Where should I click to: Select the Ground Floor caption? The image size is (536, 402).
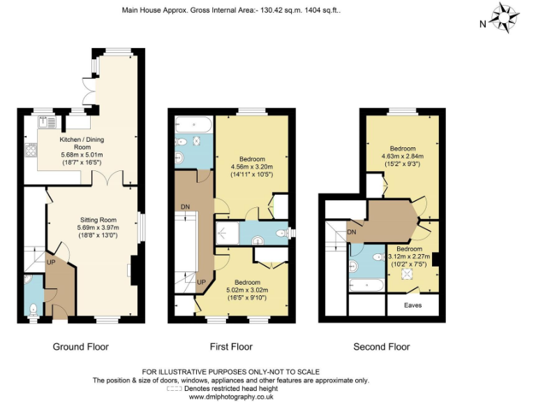pyautogui.click(x=81, y=347)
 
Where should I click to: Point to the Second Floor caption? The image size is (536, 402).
pyautogui.click(x=382, y=347)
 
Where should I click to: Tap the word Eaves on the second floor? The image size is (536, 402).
pyautogui.click(x=413, y=305)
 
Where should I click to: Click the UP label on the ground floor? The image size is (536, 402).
pyautogui.click(x=51, y=263)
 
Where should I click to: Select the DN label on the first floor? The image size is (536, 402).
pyautogui.click(x=185, y=207)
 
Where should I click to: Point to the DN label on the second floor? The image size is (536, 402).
pyautogui.click(x=352, y=232)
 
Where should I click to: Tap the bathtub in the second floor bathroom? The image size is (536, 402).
pyautogui.click(x=366, y=285)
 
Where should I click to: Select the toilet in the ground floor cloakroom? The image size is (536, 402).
pyautogui.click(x=33, y=309)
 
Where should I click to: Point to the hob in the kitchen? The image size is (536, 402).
pyautogui.click(x=31, y=150)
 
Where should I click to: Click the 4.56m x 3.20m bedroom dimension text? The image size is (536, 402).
pyautogui.click(x=251, y=167)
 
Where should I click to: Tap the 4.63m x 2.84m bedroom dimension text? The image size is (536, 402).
pyautogui.click(x=402, y=156)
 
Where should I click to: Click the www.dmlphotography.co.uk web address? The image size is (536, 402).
pyautogui.click(x=231, y=396)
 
